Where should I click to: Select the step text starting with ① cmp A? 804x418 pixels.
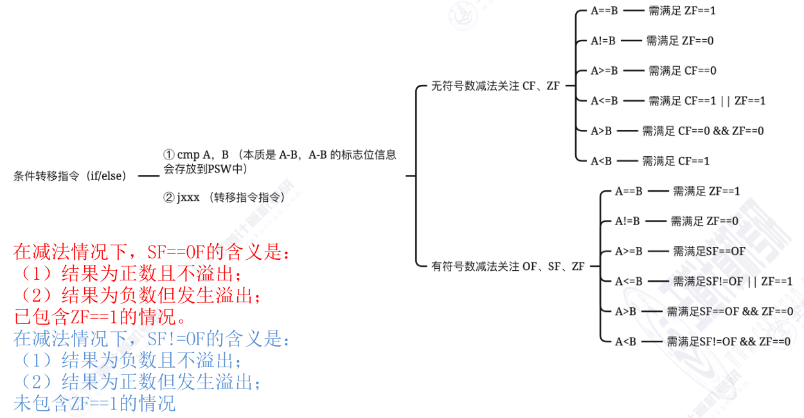click(x=279, y=161)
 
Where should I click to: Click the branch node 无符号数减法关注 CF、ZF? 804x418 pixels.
click(x=496, y=86)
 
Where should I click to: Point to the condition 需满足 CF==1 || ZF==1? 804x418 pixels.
click(x=706, y=101)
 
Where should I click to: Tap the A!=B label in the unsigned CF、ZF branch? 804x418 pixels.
click(x=603, y=41)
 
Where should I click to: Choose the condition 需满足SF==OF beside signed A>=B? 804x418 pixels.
click(x=709, y=251)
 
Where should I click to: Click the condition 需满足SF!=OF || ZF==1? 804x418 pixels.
click(x=733, y=281)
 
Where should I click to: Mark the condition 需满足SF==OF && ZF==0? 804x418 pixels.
click(x=729, y=311)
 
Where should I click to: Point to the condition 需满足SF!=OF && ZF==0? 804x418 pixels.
click(x=728, y=341)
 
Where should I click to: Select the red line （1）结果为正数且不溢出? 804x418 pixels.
click(x=128, y=273)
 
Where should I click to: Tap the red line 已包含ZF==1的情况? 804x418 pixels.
click(x=100, y=317)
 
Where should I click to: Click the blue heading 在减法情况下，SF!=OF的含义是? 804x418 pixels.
click(x=152, y=338)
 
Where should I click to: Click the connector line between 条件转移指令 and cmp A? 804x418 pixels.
click(x=148, y=176)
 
